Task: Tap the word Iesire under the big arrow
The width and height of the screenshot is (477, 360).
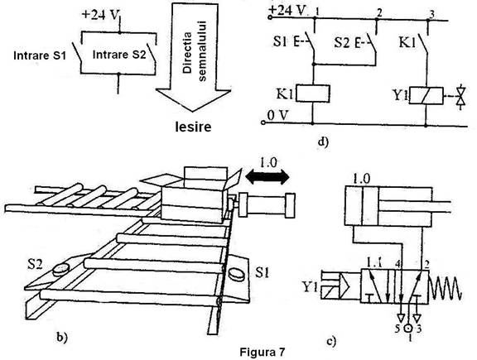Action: (x=193, y=127)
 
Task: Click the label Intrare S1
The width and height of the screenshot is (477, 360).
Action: (x=40, y=55)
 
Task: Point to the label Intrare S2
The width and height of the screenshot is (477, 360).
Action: (x=119, y=55)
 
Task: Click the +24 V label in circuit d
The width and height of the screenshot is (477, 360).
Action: (x=287, y=10)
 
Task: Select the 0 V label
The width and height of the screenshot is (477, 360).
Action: (x=277, y=116)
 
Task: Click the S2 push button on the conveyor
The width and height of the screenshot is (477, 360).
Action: (x=61, y=269)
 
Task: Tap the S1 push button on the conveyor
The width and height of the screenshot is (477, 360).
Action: (x=236, y=274)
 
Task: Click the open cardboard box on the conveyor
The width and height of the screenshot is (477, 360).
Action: (x=195, y=194)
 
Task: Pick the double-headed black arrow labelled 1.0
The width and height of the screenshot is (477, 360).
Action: (x=267, y=177)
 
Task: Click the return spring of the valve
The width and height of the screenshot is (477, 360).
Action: (x=446, y=287)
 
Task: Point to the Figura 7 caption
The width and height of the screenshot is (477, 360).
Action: (x=263, y=352)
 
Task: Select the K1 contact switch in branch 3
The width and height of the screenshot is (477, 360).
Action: (x=423, y=44)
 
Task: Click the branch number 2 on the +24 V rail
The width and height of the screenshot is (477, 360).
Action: (x=378, y=12)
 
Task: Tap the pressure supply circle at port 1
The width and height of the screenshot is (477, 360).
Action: (x=408, y=329)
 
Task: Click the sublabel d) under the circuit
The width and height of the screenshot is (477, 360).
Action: (x=323, y=142)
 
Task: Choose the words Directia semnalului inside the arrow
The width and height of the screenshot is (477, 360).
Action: (x=195, y=51)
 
